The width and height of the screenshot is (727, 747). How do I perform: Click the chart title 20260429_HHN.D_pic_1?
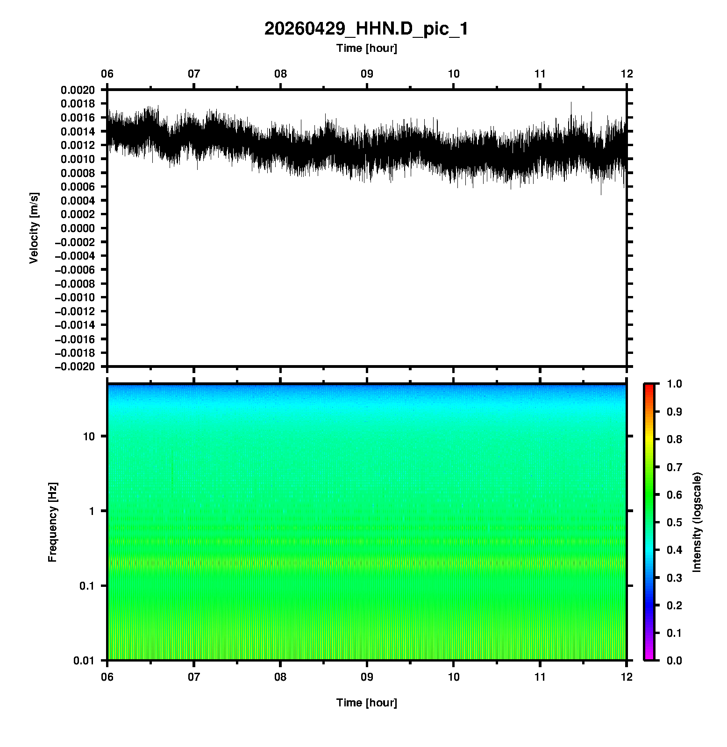366,29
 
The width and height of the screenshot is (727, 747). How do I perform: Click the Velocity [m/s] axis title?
34,228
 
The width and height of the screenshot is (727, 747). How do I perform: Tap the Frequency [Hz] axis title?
52,522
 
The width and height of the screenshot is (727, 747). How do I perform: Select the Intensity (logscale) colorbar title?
697,522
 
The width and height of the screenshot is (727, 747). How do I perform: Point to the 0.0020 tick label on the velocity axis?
78,90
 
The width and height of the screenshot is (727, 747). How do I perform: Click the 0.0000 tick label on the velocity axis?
78,228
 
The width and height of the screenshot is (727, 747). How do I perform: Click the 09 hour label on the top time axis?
367,74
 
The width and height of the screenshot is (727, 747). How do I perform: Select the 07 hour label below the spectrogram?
194,677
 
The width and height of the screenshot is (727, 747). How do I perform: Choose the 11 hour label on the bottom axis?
540,677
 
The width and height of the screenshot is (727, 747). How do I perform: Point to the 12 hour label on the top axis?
627,74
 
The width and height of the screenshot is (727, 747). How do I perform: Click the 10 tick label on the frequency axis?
89,437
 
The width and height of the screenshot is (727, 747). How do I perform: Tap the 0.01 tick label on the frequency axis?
84,661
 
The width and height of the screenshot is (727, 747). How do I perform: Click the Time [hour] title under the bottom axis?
367,703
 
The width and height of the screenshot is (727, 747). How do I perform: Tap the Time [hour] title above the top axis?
367,48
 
